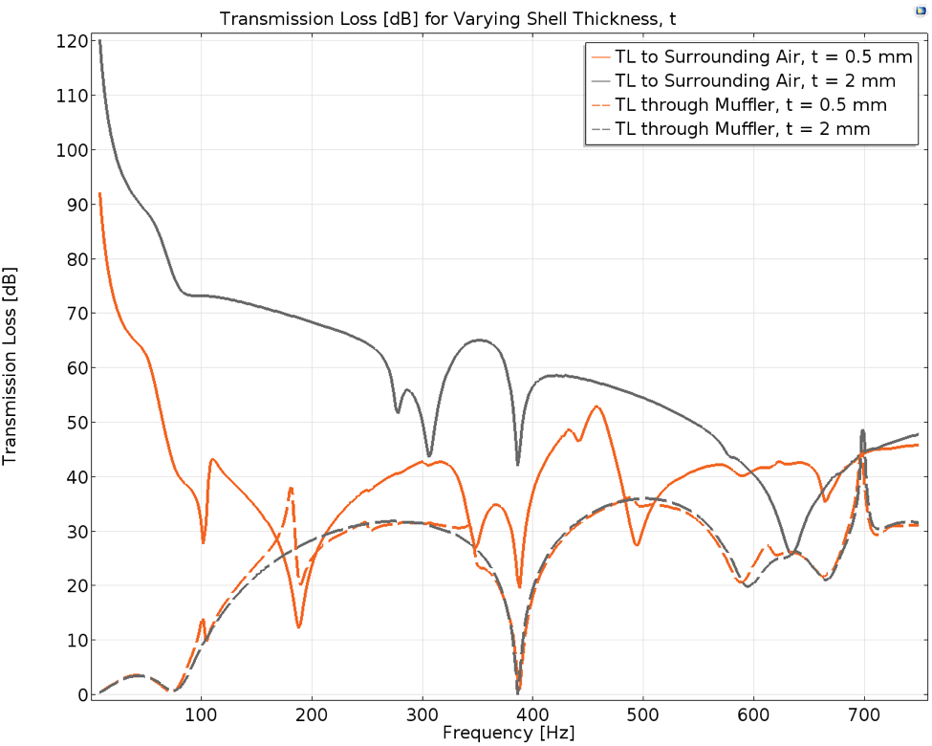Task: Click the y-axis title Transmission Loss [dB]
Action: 11,366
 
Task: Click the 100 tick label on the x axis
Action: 201,714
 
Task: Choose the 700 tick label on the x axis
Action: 865,714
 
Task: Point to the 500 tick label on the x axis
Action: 643,714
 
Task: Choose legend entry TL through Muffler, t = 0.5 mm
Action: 751,104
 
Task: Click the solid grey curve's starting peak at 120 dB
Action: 99,41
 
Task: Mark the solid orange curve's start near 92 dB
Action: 99,194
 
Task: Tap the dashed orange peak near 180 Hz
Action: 291,489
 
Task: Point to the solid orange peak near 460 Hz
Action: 597,406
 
